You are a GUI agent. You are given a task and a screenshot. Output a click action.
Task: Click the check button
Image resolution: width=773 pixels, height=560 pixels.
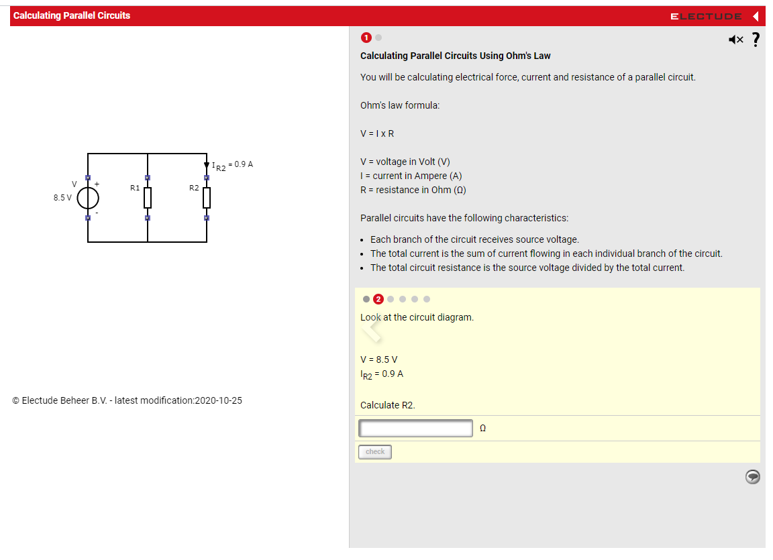tap(374, 452)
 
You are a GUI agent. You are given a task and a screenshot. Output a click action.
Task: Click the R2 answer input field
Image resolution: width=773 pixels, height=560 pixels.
tap(415, 428)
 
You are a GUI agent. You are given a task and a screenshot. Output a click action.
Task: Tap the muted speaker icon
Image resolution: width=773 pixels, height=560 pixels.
tap(735, 40)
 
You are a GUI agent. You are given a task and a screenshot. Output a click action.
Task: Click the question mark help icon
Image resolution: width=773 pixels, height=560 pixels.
tap(756, 40)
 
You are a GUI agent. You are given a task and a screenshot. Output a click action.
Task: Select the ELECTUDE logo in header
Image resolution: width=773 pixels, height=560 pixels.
tap(706, 16)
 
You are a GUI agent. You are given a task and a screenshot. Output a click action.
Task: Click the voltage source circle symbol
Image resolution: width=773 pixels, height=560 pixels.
tap(88, 198)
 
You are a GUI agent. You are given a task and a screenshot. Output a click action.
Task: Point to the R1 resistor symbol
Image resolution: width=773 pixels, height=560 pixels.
tap(147, 197)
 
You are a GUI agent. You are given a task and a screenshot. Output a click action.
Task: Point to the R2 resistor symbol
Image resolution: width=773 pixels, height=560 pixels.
tap(207, 197)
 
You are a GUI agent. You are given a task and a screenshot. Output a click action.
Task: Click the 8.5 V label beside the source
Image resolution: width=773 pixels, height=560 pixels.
tap(62, 198)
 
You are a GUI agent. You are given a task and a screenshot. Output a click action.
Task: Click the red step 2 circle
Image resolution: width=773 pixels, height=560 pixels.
tap(378, 299)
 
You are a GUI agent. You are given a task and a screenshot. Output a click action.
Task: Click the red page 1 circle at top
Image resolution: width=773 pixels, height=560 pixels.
tap(366, 37)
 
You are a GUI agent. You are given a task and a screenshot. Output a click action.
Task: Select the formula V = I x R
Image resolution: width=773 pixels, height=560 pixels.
tap(377, 133)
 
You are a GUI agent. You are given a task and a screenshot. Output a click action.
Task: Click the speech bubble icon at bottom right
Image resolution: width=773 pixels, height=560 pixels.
tap(753, 476)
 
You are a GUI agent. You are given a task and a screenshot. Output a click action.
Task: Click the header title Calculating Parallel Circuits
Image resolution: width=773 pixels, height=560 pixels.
tap(72, 15)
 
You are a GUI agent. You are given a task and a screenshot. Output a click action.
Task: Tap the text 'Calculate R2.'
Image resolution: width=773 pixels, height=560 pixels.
tap(387, 405)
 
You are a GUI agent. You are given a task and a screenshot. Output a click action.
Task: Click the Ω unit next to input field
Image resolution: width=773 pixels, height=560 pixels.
tap(482, 429)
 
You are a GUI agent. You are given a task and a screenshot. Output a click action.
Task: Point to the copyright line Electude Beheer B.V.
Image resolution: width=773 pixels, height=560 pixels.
tap(127, 400)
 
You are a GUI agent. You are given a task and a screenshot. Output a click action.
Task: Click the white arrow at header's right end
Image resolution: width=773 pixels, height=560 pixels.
tap(756, 16)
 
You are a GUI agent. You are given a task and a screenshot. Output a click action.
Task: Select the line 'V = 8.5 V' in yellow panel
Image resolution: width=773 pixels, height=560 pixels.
tap(378, 359)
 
